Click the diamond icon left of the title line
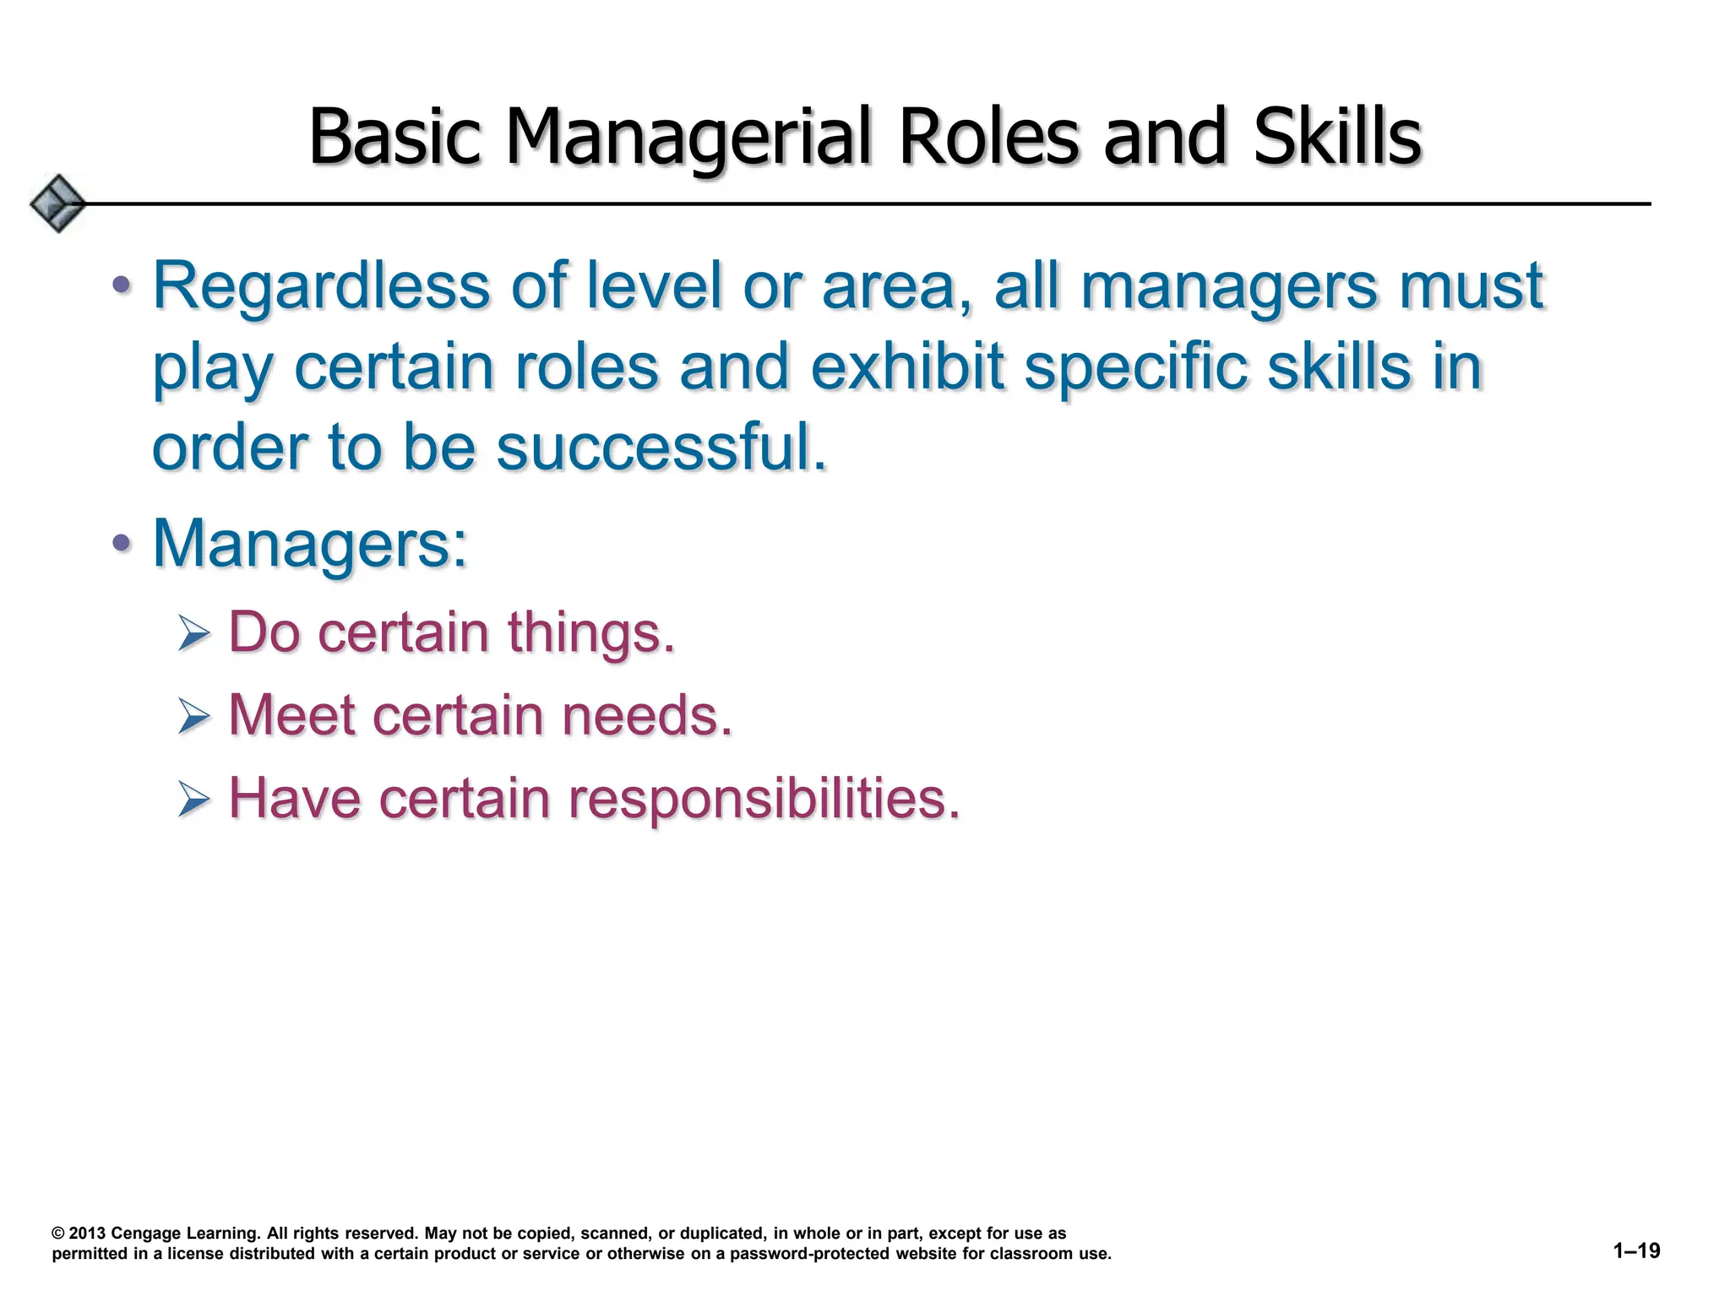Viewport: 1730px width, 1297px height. click(x=57, y=204)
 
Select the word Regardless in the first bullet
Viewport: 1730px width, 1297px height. click(x=321, y=287)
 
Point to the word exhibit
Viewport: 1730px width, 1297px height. click(x=908, y=368)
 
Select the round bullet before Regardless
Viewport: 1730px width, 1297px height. click(x=122, y=285)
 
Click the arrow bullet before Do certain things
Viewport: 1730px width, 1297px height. click(x=194, y=634)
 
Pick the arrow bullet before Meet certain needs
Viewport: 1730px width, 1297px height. click(x=194, y=717)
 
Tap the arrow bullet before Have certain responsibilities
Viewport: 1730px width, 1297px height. click(x=194, y=799)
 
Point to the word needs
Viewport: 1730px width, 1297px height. click(x=647, y=716)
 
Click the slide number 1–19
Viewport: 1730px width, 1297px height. click(x=1636, y=1251)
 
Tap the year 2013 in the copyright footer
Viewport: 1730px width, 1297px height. click(x=87, y=1234)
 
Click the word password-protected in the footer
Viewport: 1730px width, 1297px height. click(x=810, y=1254)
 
